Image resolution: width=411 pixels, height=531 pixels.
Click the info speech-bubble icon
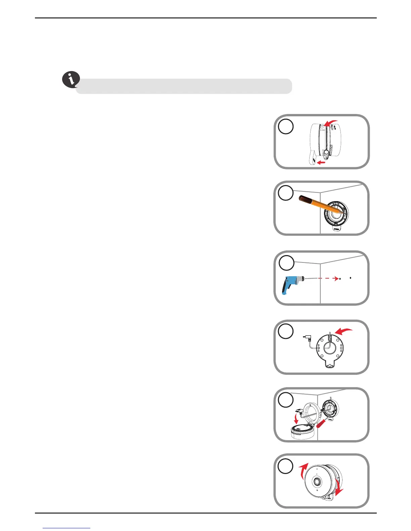71,80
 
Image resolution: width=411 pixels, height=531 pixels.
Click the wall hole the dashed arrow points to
340,278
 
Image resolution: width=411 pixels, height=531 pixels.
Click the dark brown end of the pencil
304,199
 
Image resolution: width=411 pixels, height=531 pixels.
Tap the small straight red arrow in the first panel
321,163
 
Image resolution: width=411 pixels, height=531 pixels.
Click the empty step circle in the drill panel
286,263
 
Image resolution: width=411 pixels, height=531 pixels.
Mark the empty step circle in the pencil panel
286,193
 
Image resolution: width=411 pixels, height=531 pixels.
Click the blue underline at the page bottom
67,528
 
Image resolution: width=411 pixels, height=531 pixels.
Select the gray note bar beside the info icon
184,86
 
